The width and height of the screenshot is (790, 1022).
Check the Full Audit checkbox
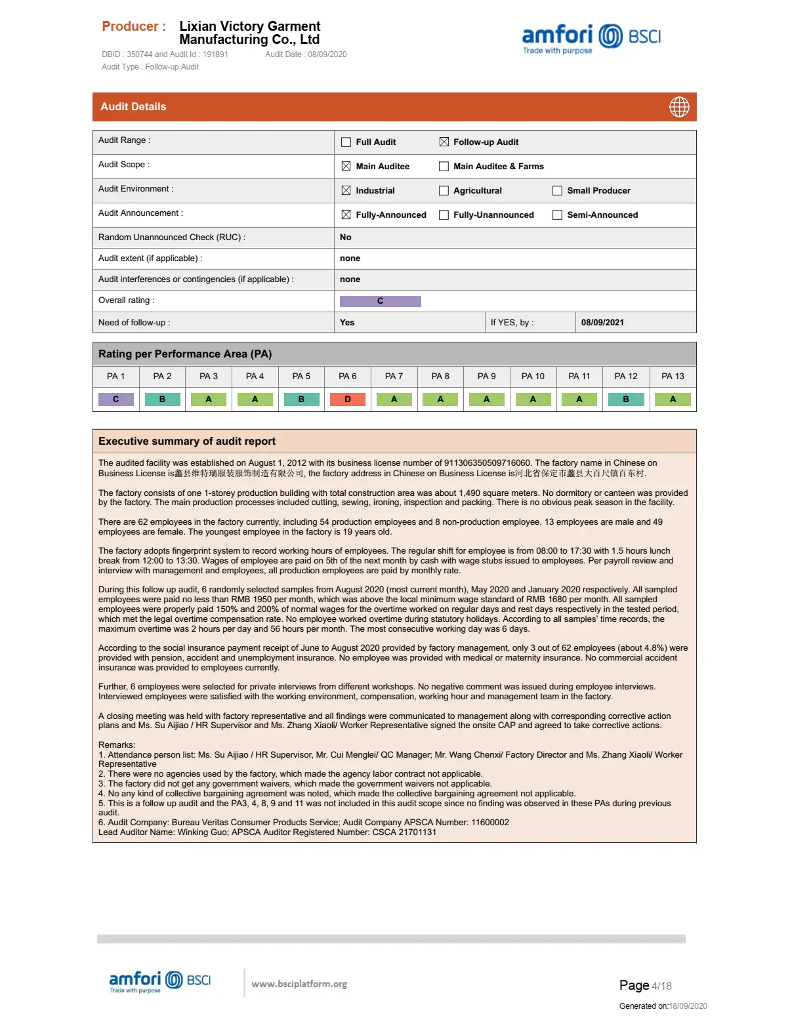point(346,142)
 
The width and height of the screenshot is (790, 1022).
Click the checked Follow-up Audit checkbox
point(444,142)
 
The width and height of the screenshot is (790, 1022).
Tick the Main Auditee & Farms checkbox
point(444,167)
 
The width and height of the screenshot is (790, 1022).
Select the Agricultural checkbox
point(444,191)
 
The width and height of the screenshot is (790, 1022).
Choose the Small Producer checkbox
point(557,191)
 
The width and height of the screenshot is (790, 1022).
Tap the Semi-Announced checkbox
point(557,215)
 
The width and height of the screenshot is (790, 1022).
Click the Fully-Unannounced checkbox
point(444,215)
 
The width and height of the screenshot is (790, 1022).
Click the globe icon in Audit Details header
point(679,107)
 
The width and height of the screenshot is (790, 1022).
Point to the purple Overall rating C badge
point(380,301)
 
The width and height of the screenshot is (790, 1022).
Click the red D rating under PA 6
point(348,399)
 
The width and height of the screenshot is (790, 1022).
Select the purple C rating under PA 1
point(116,399)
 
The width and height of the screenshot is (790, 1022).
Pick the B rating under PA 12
point(626,399)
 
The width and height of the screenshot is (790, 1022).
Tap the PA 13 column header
point(673,377)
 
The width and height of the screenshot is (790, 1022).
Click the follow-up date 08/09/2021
point(602,323)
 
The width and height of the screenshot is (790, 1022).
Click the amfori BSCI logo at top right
point(591,38)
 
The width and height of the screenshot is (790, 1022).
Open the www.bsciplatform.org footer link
point(299,984)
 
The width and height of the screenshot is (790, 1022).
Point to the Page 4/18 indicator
point(645,985)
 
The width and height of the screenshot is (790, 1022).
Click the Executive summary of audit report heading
point(187,441)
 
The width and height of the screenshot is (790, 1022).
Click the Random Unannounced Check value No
point(346,237)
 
